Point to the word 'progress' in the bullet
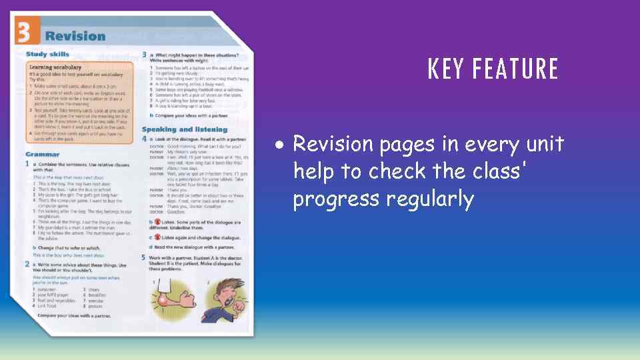click(x=329, y=199)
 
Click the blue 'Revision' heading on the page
click(x=75, y=37)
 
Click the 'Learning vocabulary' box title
click(x=56, y=67)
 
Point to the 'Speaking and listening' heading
click(x=184, y=129)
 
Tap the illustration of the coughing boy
click(x=223, y=296)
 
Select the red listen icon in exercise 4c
click(x=158, y=237)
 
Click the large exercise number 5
click(x=143, y=257)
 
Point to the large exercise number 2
click(x=27, y=265)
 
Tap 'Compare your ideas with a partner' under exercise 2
click(x=73, y=314)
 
